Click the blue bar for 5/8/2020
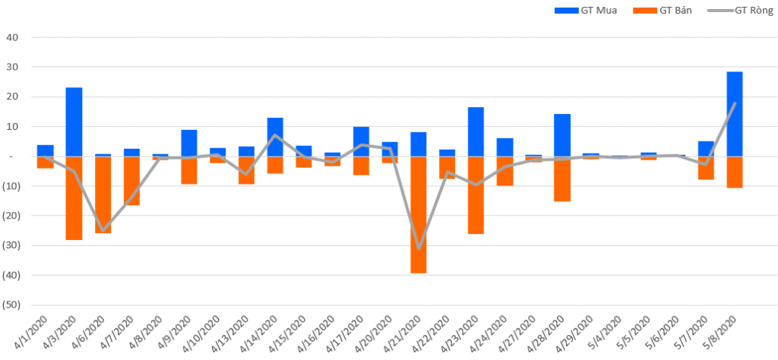pos(734,114)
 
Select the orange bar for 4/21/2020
pos(418,214)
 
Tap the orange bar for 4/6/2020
pos(103,194)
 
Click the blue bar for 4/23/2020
pos(476,131)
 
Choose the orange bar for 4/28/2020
pos(561,178)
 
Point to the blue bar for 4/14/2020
pos(275,137)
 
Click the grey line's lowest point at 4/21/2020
pos(418,248)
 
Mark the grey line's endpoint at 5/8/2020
pos(734,103)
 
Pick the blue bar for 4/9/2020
pos(188,143)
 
